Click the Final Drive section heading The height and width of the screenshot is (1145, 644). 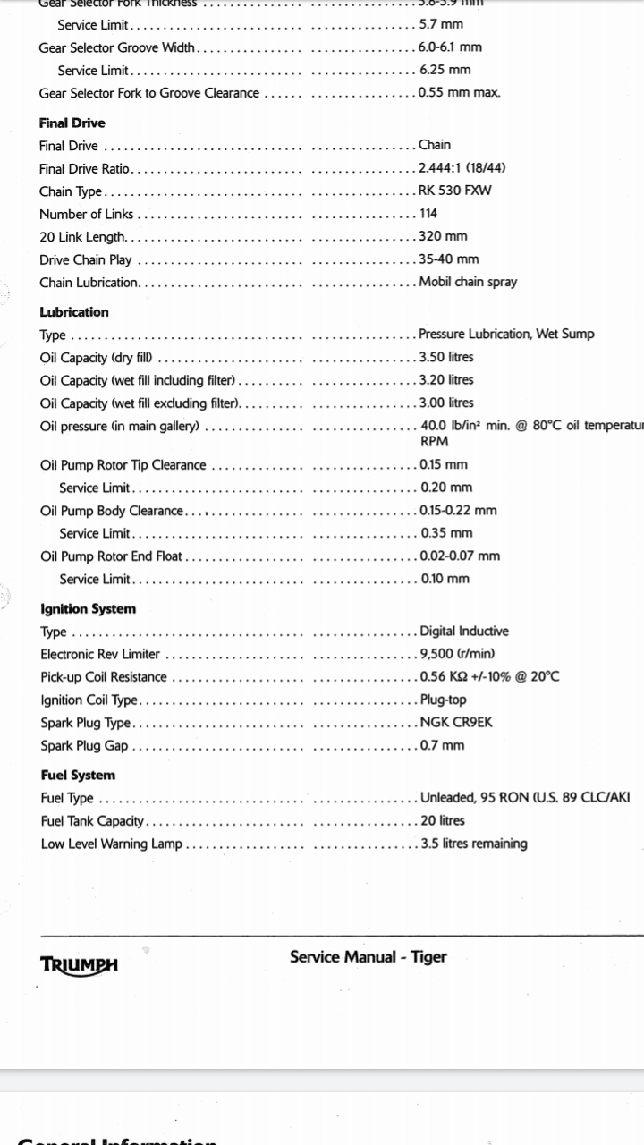click(x=72, y=123)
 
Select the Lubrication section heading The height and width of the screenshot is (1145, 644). click(x=74, y=312)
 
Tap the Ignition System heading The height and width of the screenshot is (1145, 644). click(x=89, y=609)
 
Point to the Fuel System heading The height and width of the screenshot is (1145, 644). click(x=78, y=776)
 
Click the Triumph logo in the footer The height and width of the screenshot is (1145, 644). click(x=79, y=964)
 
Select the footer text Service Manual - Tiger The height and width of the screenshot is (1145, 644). click(x=368, y=957)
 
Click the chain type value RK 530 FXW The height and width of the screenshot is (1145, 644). click(x=454, y=191)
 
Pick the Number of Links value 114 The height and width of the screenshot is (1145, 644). click(x=428, y=214)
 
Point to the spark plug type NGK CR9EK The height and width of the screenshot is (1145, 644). click(x=456, y=723)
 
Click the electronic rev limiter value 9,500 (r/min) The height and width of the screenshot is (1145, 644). click(x=457, y=654)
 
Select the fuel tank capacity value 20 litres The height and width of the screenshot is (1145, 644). click(x=443, y=820)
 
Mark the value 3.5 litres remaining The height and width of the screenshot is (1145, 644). click(x=474, y=844)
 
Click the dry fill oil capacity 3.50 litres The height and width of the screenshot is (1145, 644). click(x=446, y=357)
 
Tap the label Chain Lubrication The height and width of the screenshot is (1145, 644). click(x=89, y=283)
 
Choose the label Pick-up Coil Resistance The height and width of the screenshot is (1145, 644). click(x=104, y=677)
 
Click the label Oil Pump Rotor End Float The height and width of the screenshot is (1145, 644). click(x=111, y=556)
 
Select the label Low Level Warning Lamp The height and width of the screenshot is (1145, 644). click(x=111, y=844)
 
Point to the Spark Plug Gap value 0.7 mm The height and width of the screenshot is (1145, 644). click(x=443, y=745)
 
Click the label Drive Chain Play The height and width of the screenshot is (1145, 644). click(x=85, y=260)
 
